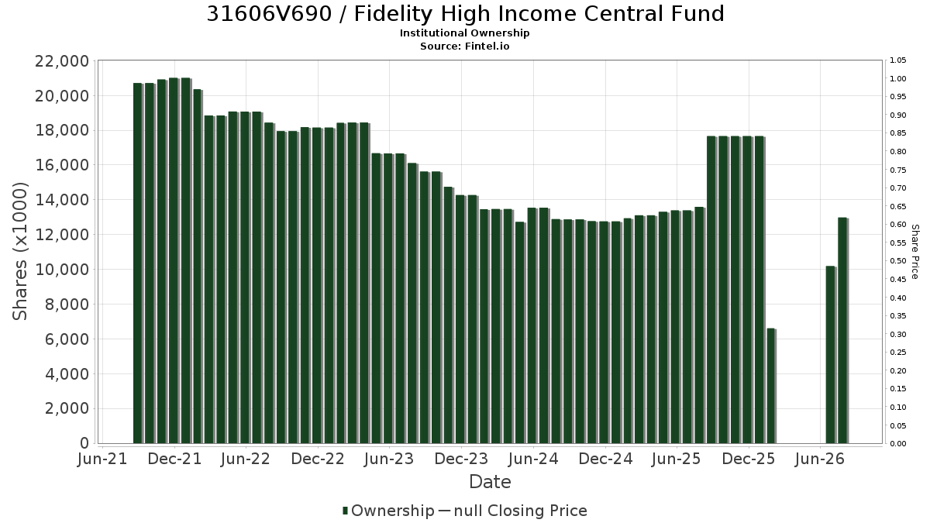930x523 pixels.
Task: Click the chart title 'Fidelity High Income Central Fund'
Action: tap(539, 14)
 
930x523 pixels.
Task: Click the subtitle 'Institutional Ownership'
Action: tap(464, 33)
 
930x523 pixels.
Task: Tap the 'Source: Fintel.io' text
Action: tap(464, 46)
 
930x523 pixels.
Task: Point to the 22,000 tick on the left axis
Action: tap(62, 61)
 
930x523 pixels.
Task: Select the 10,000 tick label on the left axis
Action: tap(62, 270)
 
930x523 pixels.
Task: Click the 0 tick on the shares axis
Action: tap(84, 443)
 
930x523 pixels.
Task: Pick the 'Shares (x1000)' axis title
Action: tap(19, 252)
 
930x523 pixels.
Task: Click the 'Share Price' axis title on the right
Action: tap(914, 252)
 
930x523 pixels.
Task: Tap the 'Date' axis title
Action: tap(490, 482)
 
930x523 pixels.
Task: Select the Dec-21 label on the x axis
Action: tap(174, 459)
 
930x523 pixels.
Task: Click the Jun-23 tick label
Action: tap(389, 459)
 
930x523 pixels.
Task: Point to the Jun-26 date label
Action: tap(820, 459)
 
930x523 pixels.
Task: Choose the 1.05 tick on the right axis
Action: tap(898, 60)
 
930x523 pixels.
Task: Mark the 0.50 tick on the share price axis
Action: tap(898, 261)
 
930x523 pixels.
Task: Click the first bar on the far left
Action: tap(138, 263)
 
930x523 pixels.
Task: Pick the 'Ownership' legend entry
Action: tap(388, 511)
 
